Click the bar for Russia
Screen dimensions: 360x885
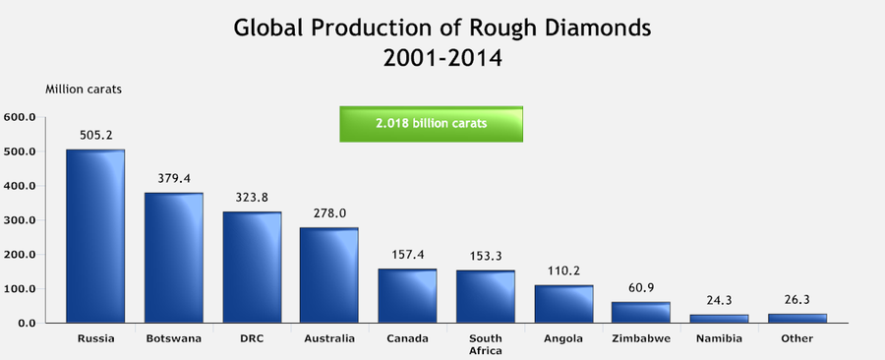pos(95,236)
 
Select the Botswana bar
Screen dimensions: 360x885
pos(173,258)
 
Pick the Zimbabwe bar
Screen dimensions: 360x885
pos(640,312)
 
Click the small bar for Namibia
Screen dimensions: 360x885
pos(718,318)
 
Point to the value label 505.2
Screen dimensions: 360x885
pos(95,136)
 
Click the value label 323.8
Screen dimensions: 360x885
pos(251,198)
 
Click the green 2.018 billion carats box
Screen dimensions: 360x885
pos(431,124)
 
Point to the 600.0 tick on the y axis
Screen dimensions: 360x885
pos(20,118)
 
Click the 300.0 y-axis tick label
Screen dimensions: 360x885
pos(20,220)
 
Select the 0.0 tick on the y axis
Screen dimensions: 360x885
pos(27,323)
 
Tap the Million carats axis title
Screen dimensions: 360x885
pos(84,90)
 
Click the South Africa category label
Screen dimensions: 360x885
pos(485,344)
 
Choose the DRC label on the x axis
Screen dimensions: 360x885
pos(251,339)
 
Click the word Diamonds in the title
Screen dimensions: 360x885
pos(588,27)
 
